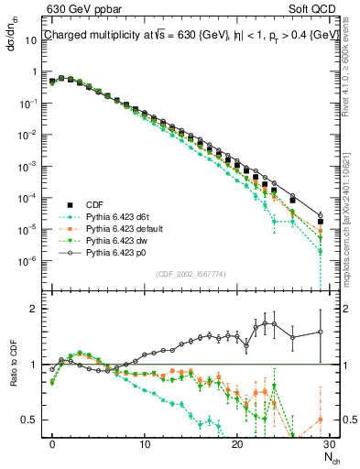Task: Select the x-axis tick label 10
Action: (x=144, y=444)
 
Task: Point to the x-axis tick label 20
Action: (x=237, y=444)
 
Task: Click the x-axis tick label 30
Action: (x=330, y=444)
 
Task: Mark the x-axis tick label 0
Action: (x=52, y=444)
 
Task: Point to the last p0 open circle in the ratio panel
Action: (x=320, y=332)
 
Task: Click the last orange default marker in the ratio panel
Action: (x=320, y=420)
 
